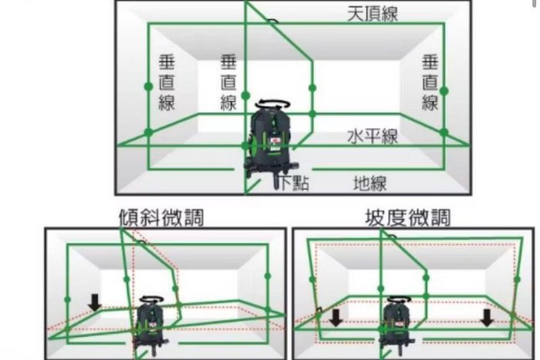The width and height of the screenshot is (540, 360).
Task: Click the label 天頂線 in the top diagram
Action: coord(373,14)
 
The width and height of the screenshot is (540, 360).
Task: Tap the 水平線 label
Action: coord(373,136)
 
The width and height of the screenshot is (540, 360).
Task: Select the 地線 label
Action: coord(370,183)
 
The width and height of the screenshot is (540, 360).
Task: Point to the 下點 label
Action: coord(293,183)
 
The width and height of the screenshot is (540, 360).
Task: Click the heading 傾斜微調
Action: coord(161,217)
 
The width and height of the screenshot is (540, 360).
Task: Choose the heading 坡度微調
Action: coord(408,217)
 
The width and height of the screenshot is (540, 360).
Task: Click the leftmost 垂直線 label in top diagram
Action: coord(167,82)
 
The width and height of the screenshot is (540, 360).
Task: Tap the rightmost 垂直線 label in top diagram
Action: coord(430,82)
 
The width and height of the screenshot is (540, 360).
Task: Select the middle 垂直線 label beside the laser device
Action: coord(228,82)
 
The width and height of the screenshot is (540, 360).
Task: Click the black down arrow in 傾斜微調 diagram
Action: coord(95,302)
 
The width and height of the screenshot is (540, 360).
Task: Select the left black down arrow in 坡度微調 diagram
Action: coord(336,318)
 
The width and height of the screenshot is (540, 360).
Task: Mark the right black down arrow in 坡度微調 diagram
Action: coord(487,318)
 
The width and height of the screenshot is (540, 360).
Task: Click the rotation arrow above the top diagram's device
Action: coord(274,103)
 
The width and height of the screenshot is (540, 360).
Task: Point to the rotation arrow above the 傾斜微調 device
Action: coord(153,299)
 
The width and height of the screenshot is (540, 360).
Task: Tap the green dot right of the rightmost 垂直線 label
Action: coord(444,91)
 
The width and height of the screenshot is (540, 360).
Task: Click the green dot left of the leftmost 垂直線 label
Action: coord(148,87)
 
